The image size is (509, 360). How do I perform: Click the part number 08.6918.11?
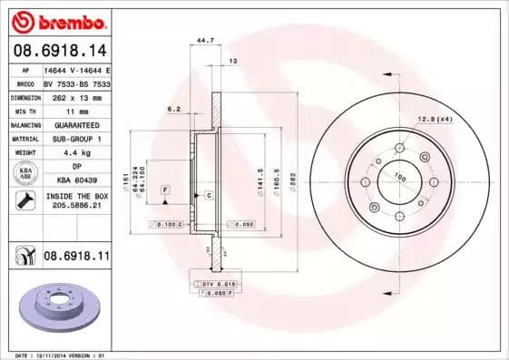(76, 257)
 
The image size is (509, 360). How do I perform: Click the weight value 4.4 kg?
(76, 152)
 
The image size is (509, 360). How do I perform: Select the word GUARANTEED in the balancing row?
(76, 124)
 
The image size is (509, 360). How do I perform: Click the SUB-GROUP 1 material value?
(76, 139)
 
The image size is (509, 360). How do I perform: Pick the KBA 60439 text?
(76, 180)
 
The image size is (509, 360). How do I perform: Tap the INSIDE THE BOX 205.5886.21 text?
(76, 201)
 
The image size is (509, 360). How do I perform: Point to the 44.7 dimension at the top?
(206, 41)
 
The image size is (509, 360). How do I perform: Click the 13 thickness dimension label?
(232, 61)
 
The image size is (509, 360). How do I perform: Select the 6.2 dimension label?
(174, 109)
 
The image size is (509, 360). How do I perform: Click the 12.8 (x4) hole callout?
(435, 119)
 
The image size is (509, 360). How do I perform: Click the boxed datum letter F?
(166, 189)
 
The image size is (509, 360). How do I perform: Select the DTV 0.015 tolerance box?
(216, 285)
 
